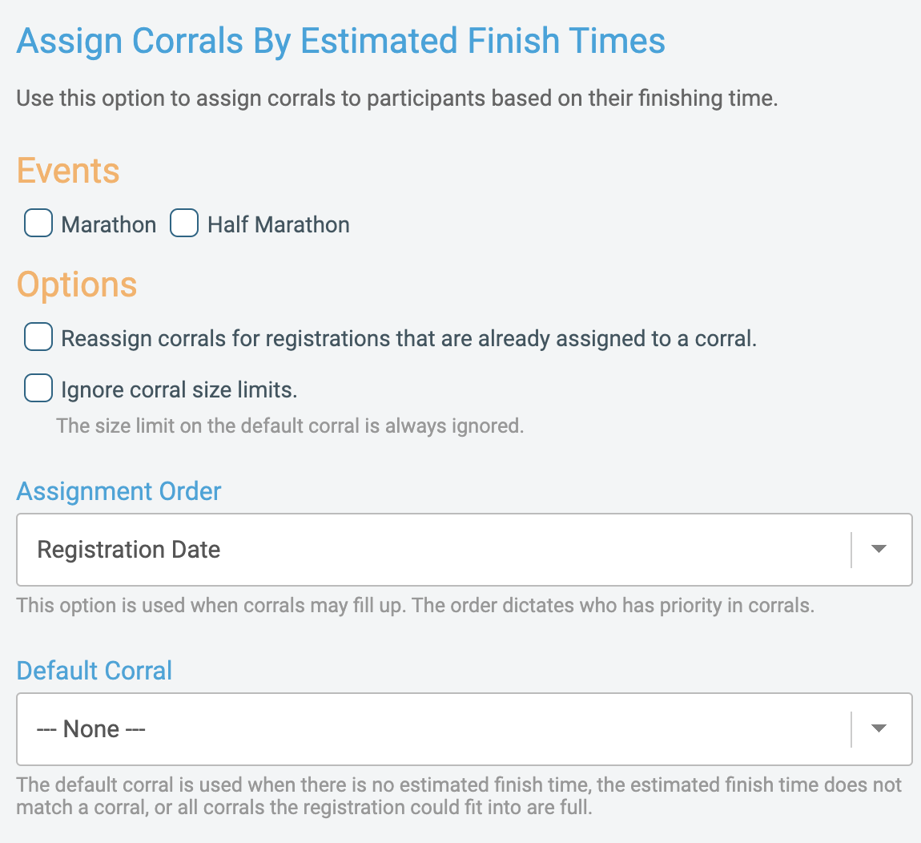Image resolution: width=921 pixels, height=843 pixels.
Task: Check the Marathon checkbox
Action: pos(38,224)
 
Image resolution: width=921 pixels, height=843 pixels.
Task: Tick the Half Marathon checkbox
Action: pos(184,224)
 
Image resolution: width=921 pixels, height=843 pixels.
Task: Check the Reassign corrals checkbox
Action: pos(38,337)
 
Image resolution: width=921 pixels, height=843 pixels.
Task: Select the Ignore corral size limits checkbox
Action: pos(38,389)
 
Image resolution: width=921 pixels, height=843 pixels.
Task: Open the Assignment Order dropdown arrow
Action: pos(879,550)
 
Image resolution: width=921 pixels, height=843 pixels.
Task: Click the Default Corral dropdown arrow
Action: pos(879,729)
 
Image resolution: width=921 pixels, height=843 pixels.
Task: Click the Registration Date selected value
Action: pos(129,550)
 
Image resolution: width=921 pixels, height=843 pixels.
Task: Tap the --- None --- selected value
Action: pos(91,729)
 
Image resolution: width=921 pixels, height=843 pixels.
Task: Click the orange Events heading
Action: pos(68,171)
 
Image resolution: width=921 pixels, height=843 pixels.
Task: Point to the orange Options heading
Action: pos(77,284)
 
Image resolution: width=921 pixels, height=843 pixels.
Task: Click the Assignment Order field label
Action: pos(119,491)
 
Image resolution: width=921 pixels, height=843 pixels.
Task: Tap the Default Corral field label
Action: pos(95,671)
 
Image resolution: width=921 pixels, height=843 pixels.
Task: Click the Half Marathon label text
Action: pos(279,225)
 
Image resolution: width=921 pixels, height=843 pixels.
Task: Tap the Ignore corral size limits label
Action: pos(179,390)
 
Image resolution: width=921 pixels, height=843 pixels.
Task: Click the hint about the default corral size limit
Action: pos(290,426)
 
